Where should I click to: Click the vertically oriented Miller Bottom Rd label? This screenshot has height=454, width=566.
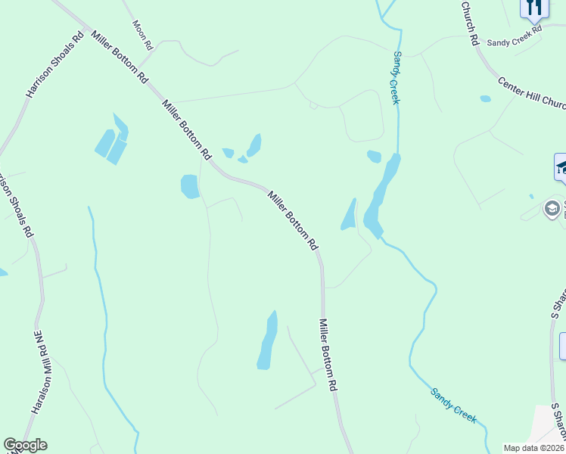point(327,354)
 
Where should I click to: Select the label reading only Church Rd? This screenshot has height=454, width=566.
point(470,23)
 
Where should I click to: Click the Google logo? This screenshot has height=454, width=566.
point(25,445)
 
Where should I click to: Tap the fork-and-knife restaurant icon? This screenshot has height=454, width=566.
point(534,8)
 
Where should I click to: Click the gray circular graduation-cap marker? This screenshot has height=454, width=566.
point(552,207)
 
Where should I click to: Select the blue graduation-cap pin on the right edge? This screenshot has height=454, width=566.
point(561,167)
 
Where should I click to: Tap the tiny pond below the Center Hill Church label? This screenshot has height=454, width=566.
point(485,98)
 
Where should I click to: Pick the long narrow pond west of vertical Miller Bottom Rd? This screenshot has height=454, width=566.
point(267,340)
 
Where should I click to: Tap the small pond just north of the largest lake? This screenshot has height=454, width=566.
point(374,157)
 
